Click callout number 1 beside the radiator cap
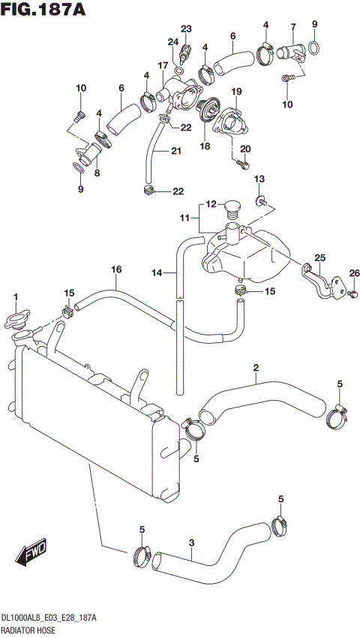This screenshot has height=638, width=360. click(15, 299)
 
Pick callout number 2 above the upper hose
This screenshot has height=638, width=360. click(256, 368)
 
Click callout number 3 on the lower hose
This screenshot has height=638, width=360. click(192, 543)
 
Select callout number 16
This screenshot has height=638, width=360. click(116, 269)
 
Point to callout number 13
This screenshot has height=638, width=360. click(260, 179)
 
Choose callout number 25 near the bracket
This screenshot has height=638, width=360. click(320, 258)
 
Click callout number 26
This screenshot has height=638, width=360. click(354, 272)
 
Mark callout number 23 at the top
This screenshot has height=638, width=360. click(186, 29)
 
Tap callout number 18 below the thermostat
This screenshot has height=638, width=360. click(204, 147)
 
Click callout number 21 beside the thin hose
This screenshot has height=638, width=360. click(176, 152)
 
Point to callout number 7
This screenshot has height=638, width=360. click(293, 28)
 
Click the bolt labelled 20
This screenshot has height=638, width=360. click(241, 162)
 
